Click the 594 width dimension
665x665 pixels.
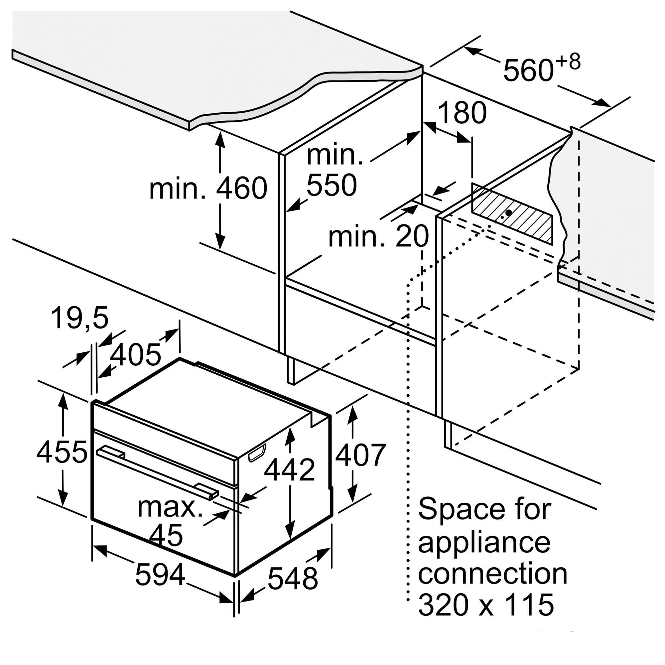click(160, 575)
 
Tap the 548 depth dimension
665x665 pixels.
click(293, 578)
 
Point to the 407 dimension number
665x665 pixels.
click(360, 455)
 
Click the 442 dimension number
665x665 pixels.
click(290, 469)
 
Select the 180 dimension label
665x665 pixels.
click(462, 113)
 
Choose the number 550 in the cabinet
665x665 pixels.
click(332, 185)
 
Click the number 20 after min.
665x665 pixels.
click(412, 236)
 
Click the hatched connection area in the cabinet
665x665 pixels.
click(512, 214)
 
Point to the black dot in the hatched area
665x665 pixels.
click(508, 213)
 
